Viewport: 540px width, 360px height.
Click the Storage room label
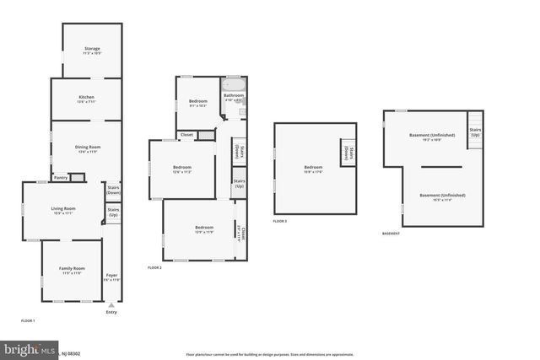92,48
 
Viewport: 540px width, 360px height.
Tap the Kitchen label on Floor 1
86,97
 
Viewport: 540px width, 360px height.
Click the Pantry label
61,177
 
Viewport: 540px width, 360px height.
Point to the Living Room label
63,208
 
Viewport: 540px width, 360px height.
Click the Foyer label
111,276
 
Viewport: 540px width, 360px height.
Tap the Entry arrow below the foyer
111,304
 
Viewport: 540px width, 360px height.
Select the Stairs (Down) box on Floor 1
114,190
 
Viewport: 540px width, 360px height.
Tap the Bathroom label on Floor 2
234,95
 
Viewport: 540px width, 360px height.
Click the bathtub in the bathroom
233,84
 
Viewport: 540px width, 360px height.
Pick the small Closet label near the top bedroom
186,135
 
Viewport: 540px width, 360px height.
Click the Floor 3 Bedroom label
313,167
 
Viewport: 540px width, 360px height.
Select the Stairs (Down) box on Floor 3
348,153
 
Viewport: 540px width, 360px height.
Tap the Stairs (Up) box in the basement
475,132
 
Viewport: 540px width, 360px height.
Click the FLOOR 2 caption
154,267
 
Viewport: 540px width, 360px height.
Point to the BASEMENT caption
391,234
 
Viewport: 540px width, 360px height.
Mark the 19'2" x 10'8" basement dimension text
431,139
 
